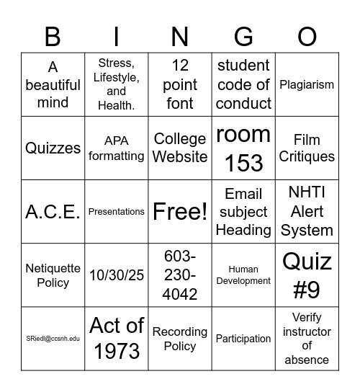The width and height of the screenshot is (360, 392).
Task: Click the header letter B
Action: click(x=53, y=37)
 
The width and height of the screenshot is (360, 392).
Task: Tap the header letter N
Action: click(x=180, y=37)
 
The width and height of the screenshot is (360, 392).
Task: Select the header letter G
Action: click(x=243, y=37)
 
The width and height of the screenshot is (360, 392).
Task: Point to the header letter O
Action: click(x=307, y=37)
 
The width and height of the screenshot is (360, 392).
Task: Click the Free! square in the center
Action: click(x=180, y=212)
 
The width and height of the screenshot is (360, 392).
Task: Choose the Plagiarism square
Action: click(x=307, y=84)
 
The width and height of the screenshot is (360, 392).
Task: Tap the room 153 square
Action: click(x=243, y=148)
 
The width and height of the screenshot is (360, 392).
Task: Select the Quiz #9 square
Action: click(x=307, y=275)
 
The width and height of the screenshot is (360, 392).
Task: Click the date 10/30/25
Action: click(x=117, y=275)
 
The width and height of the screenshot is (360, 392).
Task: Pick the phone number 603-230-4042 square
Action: click(x=180, y=275)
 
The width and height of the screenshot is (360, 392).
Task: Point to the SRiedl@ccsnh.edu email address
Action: click(x=53, y=339)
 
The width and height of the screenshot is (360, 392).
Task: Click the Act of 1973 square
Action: click(x=117, y=339)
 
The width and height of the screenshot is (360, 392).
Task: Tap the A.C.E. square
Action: click(x=53, y=212)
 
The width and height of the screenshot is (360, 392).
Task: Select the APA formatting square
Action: click(x=117, y=148)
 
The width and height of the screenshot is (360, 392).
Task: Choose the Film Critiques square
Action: click(x=307, y=148)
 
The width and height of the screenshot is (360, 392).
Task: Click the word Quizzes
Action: click(x=53, y=148)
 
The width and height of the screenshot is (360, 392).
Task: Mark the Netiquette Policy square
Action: click(x=53, y=275)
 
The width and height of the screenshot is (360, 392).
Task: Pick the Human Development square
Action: click(x=243, y=275)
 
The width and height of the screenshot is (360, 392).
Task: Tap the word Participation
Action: click(x=243, y=339)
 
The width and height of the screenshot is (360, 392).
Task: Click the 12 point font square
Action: click(x=180, y=84)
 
